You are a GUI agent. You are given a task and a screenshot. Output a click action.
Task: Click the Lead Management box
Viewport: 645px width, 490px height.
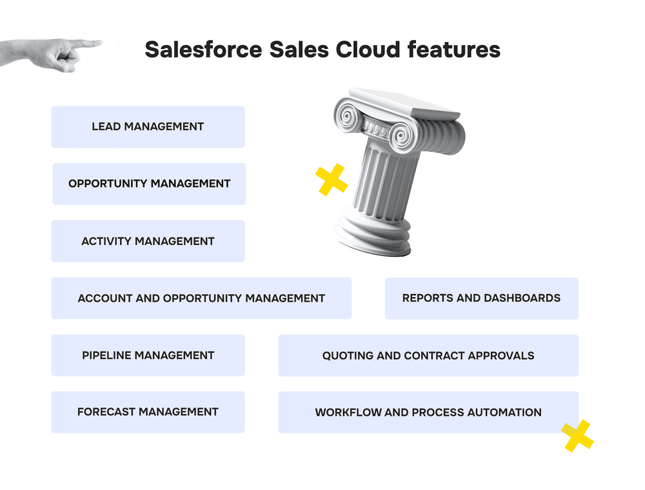pyautogui.click(x=148, y=127)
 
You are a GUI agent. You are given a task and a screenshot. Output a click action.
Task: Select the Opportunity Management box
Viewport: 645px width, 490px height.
pyautogui.click(x=150, y=184)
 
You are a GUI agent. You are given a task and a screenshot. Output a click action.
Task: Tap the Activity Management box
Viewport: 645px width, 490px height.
pyautogui.click(x=148, y=241)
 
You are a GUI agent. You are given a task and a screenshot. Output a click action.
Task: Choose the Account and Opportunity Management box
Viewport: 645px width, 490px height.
pyautogui.click(x=201, y=298)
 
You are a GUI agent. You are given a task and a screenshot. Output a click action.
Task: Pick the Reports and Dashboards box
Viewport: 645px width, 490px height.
pyautogui.click(x=482, y=298)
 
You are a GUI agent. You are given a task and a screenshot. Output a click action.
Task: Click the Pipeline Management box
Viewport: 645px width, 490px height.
pyautogui.click(x=148, y=355)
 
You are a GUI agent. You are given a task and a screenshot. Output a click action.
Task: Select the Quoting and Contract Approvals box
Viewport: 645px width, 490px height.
pyautogui.click(x=429, y=356)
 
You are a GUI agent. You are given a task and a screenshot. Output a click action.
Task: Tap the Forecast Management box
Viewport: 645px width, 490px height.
pyautogui.click(x=148, y=412)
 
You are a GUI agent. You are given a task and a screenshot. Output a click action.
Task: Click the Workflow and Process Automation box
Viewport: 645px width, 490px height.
pyautogui.click(x=429, y=412)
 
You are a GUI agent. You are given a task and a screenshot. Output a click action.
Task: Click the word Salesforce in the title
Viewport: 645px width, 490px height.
pyautogui.click(x=204, y=50)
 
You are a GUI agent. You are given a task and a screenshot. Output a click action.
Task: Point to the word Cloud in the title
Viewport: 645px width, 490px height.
pyautogui.click(x=368, y=50)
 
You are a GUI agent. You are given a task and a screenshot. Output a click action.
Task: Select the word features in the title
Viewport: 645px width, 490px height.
pyautogui.click(x=454, y=50)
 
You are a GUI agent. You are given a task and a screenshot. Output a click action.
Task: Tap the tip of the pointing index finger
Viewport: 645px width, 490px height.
pyautogui.click(x=101, y=42)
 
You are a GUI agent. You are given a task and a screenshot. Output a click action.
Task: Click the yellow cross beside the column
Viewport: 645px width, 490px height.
pyautogui.click(x=332, y=180)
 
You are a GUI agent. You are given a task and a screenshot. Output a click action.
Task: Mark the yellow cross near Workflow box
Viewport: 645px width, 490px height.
pyautogui.click(x=577, y=436)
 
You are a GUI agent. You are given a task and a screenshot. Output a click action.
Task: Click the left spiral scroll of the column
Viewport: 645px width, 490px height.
pyautogui.click(x=348, y=116)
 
